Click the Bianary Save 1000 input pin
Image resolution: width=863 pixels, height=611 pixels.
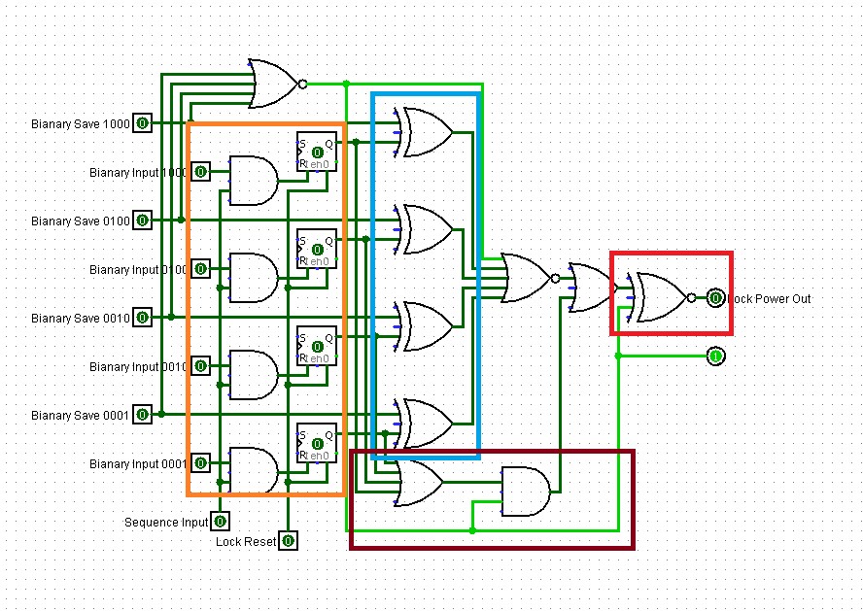[143, 123]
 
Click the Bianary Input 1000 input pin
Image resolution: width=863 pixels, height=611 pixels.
[201, 172]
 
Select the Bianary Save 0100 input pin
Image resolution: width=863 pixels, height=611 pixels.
[143, 221]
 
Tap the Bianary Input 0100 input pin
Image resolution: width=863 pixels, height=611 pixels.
[201, 268]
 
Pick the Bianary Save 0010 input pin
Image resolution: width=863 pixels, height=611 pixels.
[143, 318]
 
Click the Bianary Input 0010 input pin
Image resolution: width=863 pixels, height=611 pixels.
[201, 366]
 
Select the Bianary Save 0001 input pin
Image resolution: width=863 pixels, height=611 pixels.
[143, 415]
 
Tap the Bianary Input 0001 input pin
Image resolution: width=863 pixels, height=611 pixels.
[201, 463]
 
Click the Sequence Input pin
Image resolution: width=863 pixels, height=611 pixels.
[221, 522]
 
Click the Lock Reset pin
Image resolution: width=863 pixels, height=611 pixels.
[289, 540]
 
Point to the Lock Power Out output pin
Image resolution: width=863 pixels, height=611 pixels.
[715, 297]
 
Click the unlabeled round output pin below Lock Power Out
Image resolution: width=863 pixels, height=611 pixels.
[715, 356]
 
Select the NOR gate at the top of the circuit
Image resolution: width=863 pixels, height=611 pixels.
[275, 85]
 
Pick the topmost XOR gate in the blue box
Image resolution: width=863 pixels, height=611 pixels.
[426, 132]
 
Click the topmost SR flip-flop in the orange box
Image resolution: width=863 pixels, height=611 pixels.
[317, 152]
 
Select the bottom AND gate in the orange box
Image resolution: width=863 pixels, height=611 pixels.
[252, 471]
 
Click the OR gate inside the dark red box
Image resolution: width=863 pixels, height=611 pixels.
[420, 482]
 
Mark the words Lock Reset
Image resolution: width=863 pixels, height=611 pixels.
[246, 541]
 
